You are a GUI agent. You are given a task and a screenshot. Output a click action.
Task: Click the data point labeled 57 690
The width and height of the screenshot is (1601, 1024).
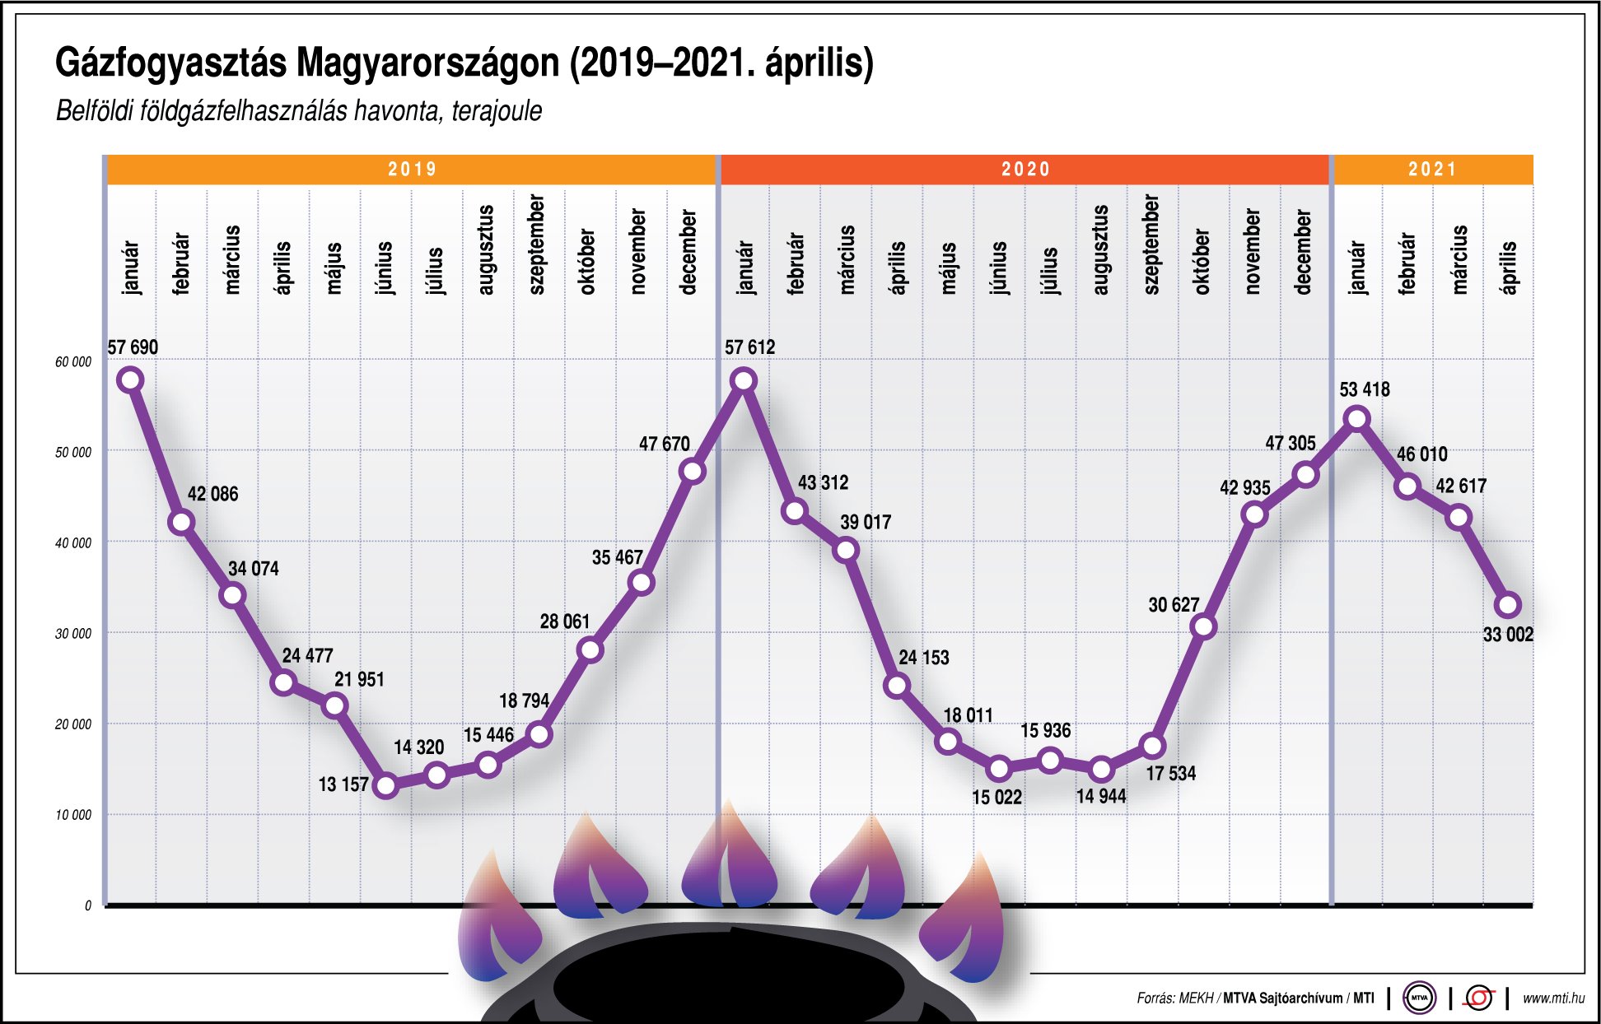(130, 379)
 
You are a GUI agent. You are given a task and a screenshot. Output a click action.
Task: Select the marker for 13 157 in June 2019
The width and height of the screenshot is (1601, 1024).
(385, 785)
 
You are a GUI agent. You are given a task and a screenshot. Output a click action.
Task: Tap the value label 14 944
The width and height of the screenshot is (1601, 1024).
(1100, 796)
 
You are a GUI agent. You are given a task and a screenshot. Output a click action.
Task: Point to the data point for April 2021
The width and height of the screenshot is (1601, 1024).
(1508, 604)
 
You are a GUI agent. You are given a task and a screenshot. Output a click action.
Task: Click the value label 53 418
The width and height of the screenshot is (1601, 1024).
(1364, 389)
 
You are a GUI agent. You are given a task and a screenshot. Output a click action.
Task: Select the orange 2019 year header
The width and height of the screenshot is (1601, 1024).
(412, 170)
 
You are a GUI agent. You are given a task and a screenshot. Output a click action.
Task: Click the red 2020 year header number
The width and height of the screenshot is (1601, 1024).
(1025, 170)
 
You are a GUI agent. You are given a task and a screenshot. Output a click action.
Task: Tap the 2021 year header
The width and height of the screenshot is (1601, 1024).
(1432, 170)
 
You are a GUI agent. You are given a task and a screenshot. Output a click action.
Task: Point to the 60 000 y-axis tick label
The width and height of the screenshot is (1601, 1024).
(73, 362)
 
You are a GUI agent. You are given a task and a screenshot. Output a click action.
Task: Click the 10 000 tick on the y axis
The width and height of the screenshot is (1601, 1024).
(73, 815)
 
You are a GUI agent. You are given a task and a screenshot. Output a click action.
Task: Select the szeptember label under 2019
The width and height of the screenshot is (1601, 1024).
(536, 244)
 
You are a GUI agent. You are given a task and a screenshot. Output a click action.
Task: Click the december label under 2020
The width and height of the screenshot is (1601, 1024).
(1303, 251)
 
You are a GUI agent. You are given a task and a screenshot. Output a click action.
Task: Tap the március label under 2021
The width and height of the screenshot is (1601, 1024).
(1459, 259)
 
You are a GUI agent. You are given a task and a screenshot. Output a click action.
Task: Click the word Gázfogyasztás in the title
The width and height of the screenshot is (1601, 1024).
(170, 63)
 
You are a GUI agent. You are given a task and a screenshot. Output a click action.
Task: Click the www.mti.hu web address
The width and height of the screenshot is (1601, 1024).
(1553, 998)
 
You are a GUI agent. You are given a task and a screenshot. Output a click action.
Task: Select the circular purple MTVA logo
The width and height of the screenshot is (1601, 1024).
(1419, 998)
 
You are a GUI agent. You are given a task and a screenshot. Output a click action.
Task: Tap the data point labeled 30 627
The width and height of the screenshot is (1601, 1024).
(1203, 626)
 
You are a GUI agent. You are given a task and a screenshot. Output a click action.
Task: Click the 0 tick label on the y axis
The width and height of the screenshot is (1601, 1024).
(88, 905)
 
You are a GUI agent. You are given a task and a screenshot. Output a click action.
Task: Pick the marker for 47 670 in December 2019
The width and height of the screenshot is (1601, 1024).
(692, 471)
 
